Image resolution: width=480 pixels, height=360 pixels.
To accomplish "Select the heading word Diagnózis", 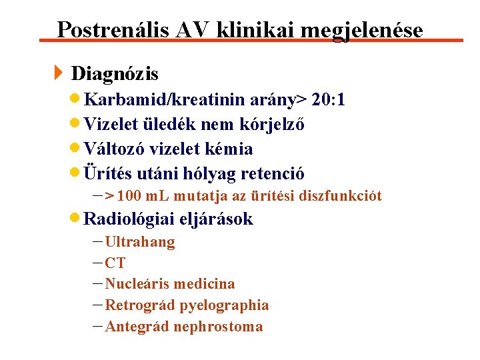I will (x=115, y=73).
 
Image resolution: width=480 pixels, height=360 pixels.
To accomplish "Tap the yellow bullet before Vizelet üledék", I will (x=77, y=124).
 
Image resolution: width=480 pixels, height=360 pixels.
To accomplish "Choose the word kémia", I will (x=231, y=149).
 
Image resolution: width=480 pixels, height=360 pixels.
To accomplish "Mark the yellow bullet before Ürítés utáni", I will (x=77, y=173).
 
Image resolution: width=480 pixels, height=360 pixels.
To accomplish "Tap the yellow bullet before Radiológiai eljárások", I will (x=77, y=218).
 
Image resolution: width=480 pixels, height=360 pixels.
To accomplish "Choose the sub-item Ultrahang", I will (x=140, y=242).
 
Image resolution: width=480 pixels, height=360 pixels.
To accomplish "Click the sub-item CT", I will (x=115, y=263).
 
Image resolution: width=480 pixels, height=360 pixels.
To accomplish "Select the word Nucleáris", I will (x=137, y=284).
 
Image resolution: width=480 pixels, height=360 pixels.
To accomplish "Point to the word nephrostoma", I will (x=219, y=327).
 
